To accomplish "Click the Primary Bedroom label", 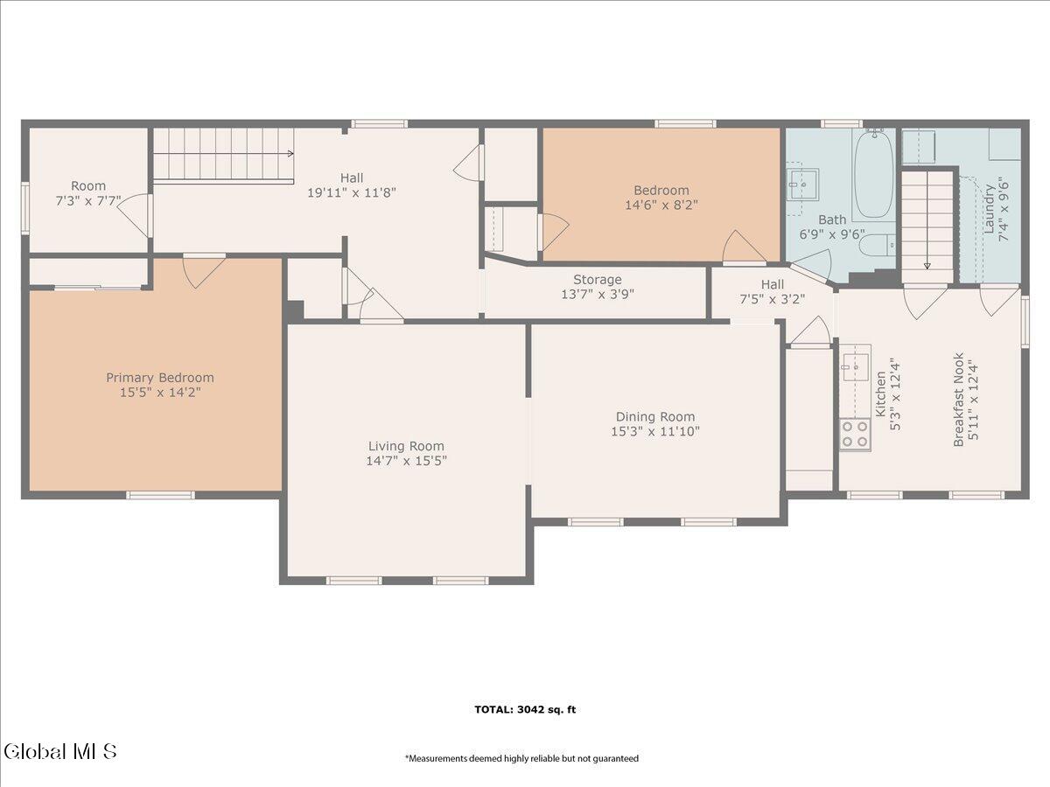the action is [160, 378].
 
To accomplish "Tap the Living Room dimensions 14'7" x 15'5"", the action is [406, 461].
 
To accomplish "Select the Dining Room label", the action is [654, 417].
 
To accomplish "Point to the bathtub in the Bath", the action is [873, 174].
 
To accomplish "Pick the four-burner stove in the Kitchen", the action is [855, 434].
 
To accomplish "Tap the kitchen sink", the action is [856, 367].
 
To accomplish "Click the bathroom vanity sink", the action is [803, 184].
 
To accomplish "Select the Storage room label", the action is [598, 280].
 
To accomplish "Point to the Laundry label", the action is [989, 209].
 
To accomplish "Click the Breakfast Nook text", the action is [958, 400].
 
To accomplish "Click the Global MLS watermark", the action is [59, 752].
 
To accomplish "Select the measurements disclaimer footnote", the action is [521, 758].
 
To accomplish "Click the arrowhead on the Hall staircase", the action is [290, 153].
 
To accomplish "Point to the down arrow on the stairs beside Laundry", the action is [927, 266].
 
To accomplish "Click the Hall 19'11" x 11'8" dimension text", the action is [352, 192].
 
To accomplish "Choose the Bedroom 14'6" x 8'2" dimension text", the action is [661, 205].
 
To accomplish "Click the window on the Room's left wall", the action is [25, 207].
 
